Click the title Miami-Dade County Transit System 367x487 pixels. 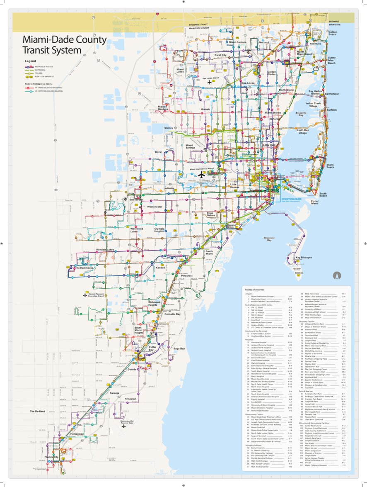65,45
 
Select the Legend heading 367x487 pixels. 31,61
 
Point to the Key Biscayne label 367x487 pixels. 304,258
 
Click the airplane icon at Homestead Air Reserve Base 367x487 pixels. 123,426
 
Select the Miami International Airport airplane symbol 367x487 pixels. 202,175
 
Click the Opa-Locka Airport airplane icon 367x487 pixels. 210,82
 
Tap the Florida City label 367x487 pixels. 52,458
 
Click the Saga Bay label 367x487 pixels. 179,348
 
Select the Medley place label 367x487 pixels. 169,128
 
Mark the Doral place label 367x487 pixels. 158,152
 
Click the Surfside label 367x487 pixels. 332,110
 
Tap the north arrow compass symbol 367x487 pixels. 337,275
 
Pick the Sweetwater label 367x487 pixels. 136,200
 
